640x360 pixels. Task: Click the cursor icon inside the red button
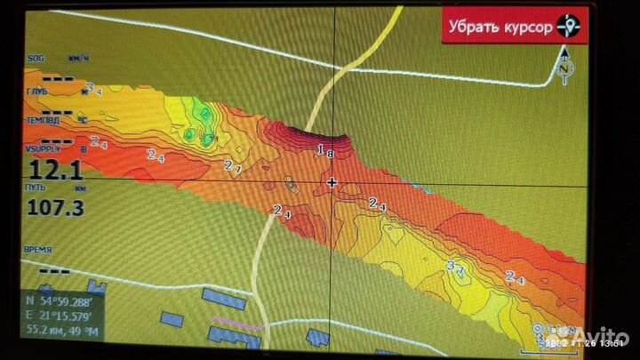coord(568,27)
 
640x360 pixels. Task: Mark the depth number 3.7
coord(456,266)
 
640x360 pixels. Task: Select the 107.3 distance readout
coord(56,208)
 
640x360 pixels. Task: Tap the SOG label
coord(36,58)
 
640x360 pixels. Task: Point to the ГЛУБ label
coord(37,91)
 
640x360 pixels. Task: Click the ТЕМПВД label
coord(42,119)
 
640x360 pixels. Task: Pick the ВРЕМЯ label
coord(38,251)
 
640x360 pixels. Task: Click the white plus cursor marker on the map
coord(332,182)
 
